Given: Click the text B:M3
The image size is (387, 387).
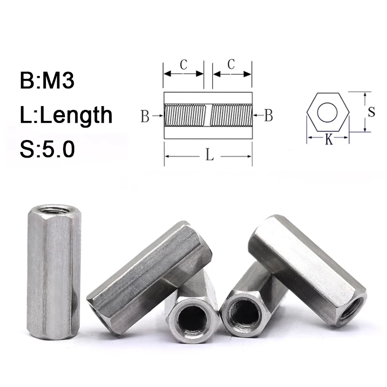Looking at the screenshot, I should tap(47, 81).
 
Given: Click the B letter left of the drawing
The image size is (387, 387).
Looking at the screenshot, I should tap(145, 116).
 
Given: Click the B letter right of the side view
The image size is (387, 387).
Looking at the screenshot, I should tap(269, 115).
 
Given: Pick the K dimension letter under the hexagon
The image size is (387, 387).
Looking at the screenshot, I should tap(328, 140).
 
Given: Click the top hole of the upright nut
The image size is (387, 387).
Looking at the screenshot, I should tap(51, 208).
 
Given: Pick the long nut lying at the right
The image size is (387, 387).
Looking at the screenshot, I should tap(306, 268).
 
